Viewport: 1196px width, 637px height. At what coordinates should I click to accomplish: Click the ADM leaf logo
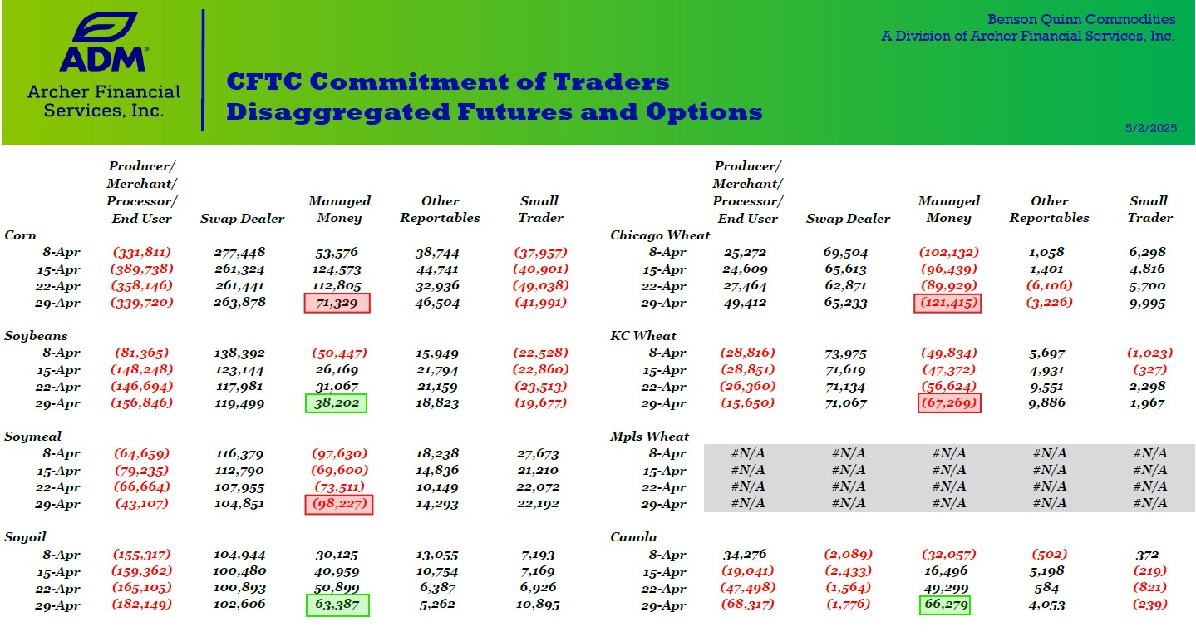click(x=104, y=27)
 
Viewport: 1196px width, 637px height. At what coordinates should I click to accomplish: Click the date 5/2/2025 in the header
click(x=1150, y=128)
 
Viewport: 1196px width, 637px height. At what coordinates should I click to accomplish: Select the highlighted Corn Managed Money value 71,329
click(x=337, y=303)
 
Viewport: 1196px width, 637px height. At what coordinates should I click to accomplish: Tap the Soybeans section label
click(x=36, y=336)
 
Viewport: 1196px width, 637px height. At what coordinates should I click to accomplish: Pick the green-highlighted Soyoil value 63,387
click(x=337, y=605)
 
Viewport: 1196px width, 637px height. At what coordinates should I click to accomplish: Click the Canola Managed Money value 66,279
click(x=944, y=605)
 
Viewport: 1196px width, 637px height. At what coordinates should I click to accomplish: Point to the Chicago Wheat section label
click(x=660, y=235)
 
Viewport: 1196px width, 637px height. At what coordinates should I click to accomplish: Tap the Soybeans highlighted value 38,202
click(x=337, y=403)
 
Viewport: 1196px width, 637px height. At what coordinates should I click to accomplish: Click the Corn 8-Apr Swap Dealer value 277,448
click(x=239, y=252)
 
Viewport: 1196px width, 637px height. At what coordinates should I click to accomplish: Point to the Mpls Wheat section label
click(x=649, y=437)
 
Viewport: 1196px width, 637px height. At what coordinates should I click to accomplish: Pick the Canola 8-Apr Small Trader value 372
click(x=1148, y=555)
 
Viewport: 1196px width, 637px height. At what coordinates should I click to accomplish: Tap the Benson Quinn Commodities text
click(x=1081, y=19)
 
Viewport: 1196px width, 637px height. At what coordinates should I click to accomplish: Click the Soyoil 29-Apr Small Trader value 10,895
click(x=538, y=605)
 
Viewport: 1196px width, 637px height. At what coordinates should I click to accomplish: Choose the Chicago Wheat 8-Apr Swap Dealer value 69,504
click(x=846, y=252)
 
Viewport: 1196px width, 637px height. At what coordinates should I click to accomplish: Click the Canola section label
click(x=633, y=537)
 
